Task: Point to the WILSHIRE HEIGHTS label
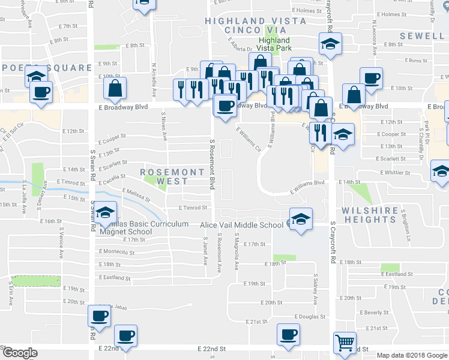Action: point(370,215)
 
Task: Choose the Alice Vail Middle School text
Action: point(241,226)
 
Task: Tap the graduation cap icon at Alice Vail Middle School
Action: point(301,218)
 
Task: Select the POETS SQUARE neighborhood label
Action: point(29,67)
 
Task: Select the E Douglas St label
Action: point(310,316)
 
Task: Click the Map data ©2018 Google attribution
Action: point(411,355)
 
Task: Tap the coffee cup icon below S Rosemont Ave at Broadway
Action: point(225,106)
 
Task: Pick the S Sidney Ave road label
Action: point(315,289)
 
